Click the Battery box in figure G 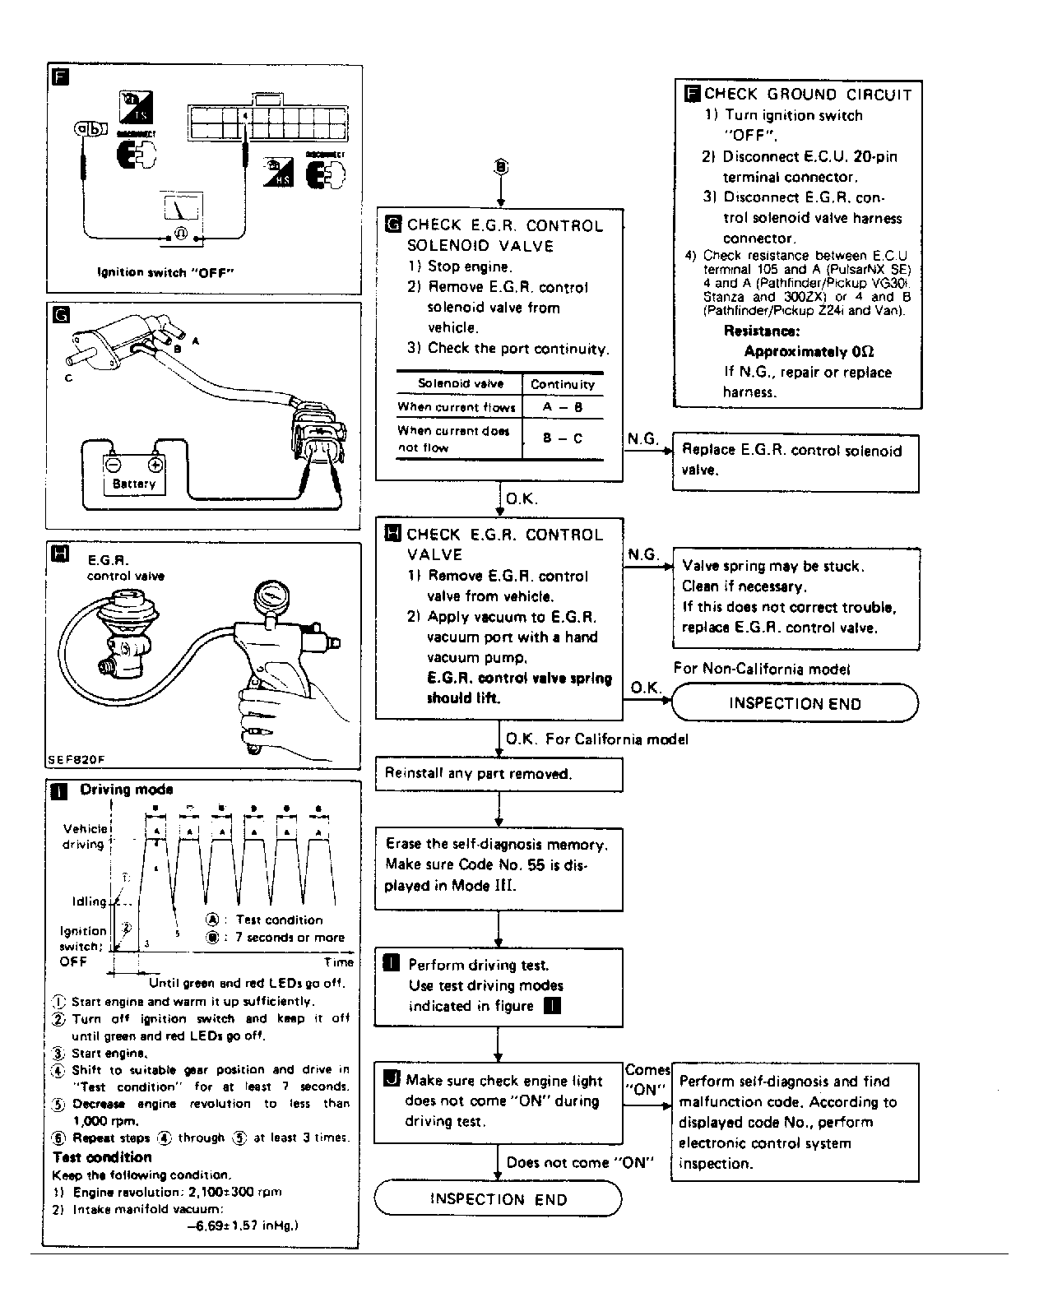click(134, 475)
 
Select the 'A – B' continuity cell click(563, 407)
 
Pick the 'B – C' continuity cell click(563, 438)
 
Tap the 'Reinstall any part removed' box click(499, 774)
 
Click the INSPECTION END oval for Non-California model click(795, 703)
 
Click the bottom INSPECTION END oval click(498, 1199)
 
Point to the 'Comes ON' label click(647, 1079)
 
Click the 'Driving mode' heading click(126, 790)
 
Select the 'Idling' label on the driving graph click(89, 901)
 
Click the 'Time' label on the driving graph click(338, 962)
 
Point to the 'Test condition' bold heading click(102, 1157)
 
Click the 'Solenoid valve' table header click(460, 383)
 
